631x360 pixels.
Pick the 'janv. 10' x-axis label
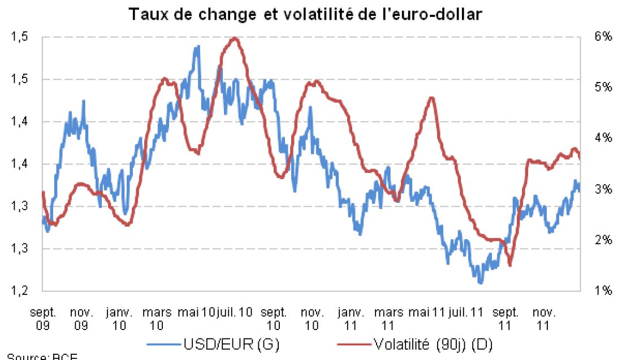(x=119, y=318)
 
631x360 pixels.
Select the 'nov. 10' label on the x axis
(x=313, y=318)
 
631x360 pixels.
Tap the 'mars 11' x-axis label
(x=388, y=318)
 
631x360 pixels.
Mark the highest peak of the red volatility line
(x=234, y=38)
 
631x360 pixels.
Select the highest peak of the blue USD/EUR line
(x=197, y=47)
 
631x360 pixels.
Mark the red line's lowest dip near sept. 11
(x=510, y=265)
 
